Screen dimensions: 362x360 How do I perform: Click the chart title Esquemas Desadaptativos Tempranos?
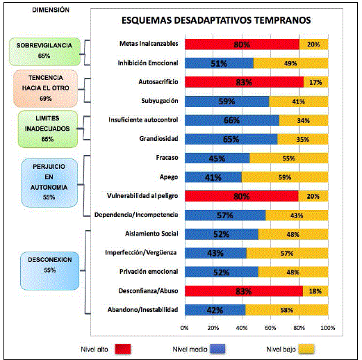[216, 20]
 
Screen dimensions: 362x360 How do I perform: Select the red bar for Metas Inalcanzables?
[242, 44]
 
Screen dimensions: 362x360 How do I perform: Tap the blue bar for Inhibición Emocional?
[219, 63]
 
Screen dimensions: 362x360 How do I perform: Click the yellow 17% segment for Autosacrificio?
[315, 82]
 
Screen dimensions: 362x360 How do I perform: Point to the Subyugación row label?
[160, 101]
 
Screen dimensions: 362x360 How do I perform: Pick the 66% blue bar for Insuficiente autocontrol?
[232, 120]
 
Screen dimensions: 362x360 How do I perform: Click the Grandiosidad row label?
[158, 139]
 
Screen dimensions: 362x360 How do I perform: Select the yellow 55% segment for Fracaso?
[289, 158]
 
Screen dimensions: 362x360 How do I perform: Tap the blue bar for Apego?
[213, 177]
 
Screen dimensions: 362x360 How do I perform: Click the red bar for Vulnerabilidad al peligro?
[242, 196]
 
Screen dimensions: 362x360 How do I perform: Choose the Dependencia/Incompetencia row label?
[136, 215]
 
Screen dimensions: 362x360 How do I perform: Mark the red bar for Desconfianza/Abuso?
[244, 291]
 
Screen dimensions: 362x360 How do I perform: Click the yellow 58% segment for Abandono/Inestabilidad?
[287, 310]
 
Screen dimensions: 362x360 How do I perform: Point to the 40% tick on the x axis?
[242, 328]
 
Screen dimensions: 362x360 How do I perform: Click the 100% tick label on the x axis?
[328, 328]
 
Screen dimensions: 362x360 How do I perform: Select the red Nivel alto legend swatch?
[123, 349]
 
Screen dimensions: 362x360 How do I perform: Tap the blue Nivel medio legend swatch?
[217, 349]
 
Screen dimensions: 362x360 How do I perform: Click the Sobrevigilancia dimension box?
[44, 51]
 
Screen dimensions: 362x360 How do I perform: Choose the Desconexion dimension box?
[50, 271]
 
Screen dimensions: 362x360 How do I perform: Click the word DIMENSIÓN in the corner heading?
[51, 10]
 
